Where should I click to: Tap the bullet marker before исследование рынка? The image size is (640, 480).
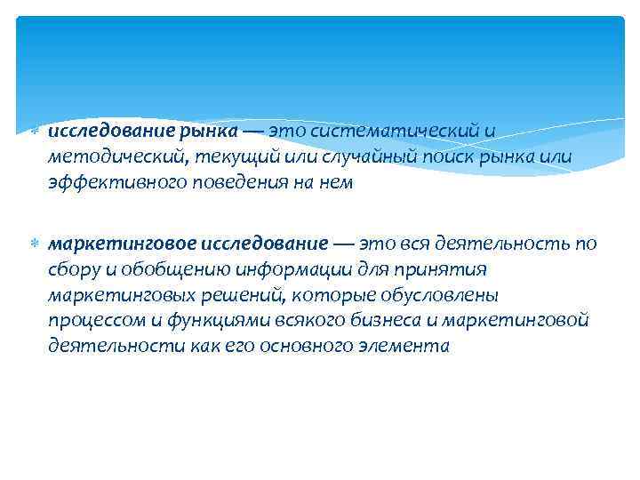coord(34,132)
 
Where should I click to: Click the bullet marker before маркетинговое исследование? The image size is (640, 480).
coord(34,244)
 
